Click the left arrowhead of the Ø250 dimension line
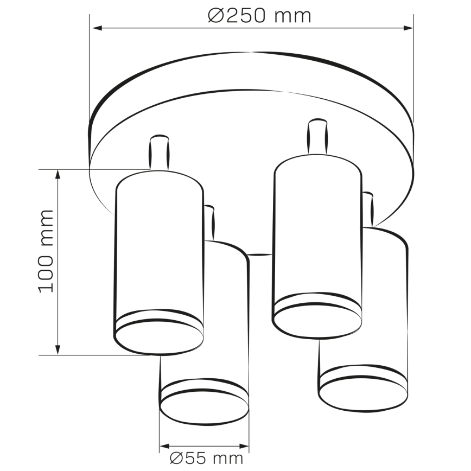click(x=96, y=28)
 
